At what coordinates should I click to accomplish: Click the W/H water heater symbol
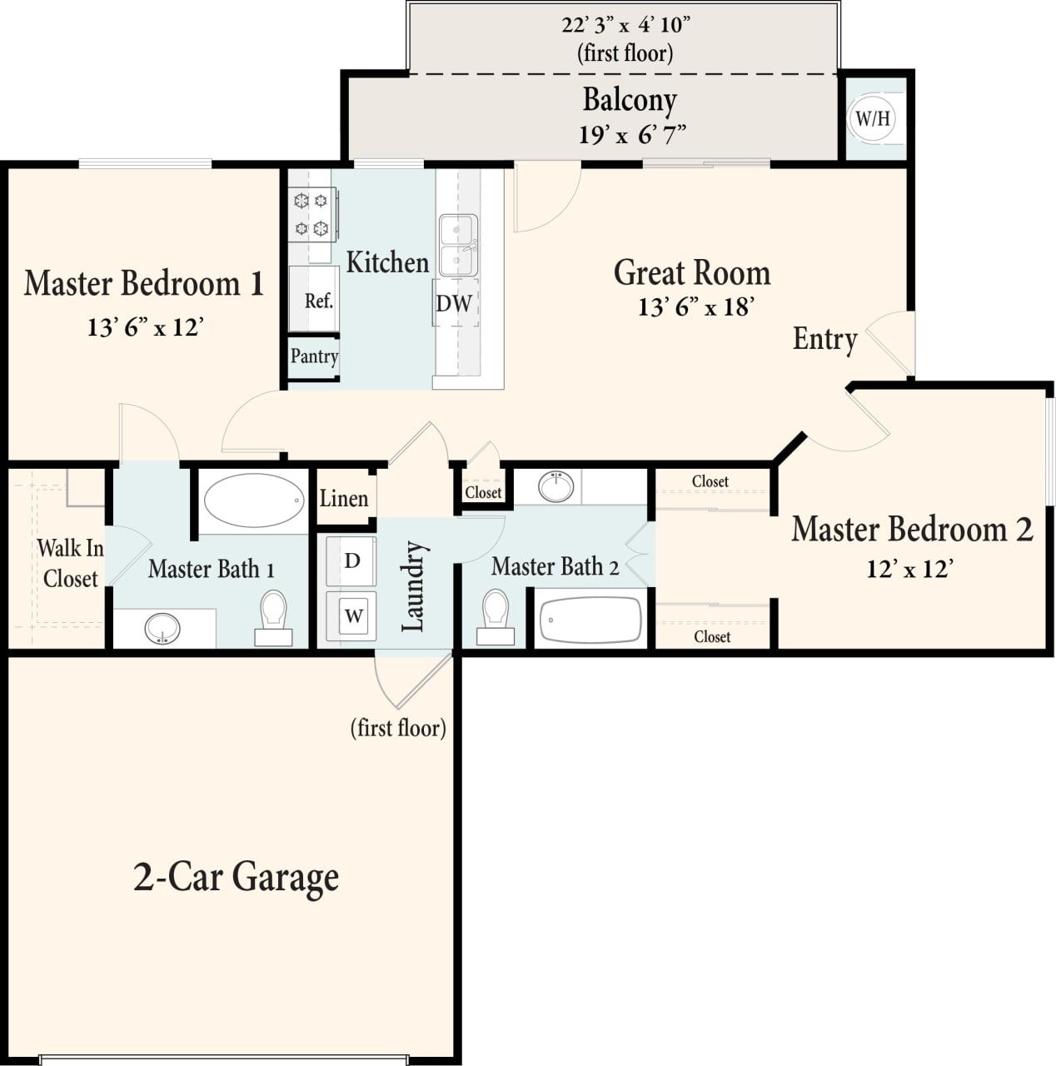(x=873, y=118)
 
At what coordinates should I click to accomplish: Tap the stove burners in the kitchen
(x=311, y=215)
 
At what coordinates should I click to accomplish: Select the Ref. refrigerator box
(x=315, y=300)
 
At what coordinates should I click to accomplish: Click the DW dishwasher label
(x=454, y=303)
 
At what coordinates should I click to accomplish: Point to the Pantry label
(x=314, y=356)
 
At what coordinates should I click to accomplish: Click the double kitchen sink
(x=457, y=246)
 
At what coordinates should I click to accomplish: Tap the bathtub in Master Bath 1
(x=255, y=501)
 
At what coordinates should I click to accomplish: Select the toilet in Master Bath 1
(x=273, y=617)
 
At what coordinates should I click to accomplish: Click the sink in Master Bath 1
(x=162, y=629)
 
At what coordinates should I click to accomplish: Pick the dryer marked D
(x=352, y=560)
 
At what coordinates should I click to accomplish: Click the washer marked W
(x=353, y=616)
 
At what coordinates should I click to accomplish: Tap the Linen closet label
(x=343, y=499)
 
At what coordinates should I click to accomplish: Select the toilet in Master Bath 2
(x=496, y=615)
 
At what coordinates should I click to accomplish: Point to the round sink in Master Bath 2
(x=555, y=486)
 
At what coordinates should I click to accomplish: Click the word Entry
(x=824, y=339)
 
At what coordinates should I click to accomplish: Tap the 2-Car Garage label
(x=236, y=877)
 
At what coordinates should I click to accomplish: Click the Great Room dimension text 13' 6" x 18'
(x=695, y=307)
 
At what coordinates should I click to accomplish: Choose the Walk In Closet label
(x=70, y=564)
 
